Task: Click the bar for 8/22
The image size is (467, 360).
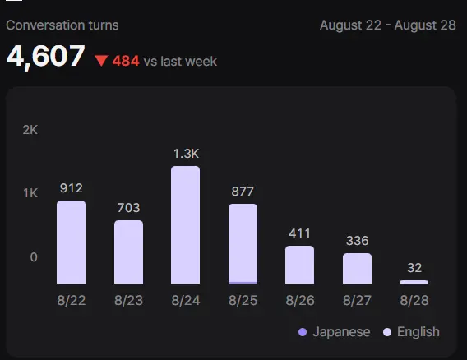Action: (72, 242)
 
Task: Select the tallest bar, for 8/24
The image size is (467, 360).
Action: (186, 225)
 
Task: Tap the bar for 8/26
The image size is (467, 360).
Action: (299, 265)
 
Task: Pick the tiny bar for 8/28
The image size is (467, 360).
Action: (414, 282)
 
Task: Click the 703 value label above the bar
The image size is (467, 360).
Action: (128, 208)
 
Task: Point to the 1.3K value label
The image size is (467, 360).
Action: (186, 154)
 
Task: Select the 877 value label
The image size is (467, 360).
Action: (243, 192)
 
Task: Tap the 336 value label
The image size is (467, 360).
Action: (358, 241)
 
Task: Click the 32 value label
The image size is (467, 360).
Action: (414, 268)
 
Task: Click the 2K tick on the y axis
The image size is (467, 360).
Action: (30, 130)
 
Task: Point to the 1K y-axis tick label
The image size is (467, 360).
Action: (30, 193)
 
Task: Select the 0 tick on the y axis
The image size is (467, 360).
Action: (34, 257)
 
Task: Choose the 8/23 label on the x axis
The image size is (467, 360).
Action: (128, 300)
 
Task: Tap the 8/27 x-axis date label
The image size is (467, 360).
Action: (357, 300)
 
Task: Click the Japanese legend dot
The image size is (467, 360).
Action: (303, 332)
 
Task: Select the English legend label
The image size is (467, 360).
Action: (418, 332)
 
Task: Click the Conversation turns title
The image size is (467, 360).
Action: (62, 25)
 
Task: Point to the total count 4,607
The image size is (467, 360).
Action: (45, 57)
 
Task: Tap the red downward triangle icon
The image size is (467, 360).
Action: (101, 61)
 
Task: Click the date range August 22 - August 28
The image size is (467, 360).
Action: (388, 25)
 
